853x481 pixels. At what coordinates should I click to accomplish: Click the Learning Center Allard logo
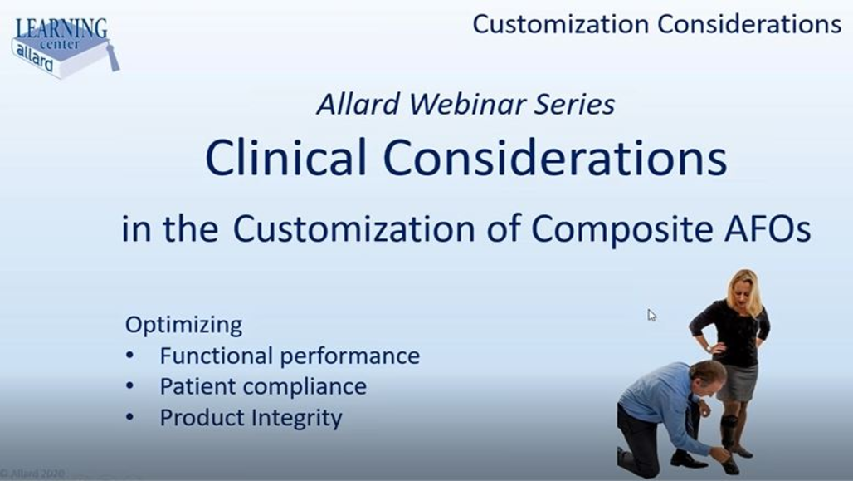[x=64, y=47]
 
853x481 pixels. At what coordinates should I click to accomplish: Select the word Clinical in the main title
[x=285, y=157]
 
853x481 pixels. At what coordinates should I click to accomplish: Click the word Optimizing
[x=184, y=325]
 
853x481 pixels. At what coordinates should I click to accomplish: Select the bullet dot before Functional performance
[x=129, y=356]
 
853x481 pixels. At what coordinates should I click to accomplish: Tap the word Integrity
[x=297, y=419]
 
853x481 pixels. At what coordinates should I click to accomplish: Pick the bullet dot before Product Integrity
[x=129, y=418]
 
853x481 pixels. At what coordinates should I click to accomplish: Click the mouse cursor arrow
[x=651, y=315]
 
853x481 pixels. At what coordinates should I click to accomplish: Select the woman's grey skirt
[x=738, y=382]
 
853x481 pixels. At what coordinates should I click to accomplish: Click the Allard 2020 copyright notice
[x=32, y=474]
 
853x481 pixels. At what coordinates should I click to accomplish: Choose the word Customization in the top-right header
[x=560, y=25]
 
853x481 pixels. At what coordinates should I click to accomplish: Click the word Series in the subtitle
[x=574, y=104]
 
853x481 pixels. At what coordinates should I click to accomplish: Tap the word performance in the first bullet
[x=350, y=356]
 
